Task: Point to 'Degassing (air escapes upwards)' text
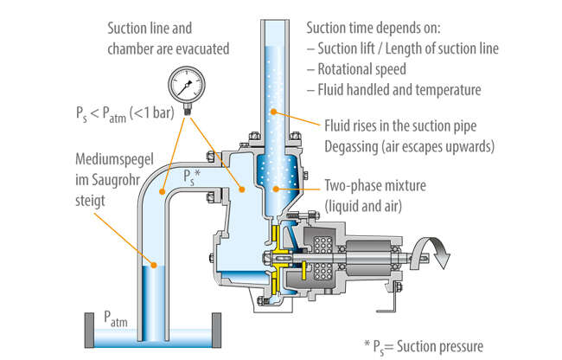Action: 408,145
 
